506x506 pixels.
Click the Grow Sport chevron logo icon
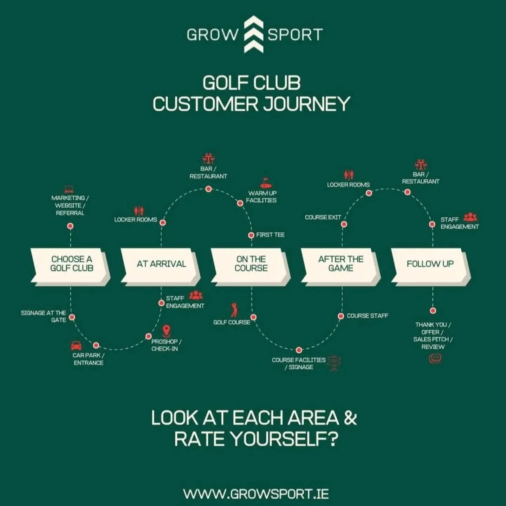click(253, 34)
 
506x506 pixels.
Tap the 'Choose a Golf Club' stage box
click(71, 264)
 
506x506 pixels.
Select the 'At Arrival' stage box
click(161, 264)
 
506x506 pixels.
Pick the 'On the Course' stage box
click(251, 264)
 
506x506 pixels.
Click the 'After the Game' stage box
click(341, 264)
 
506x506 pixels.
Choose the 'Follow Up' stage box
click(430, 264)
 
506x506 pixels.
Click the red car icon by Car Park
click(76, 345)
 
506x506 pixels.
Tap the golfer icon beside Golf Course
click(234, 310)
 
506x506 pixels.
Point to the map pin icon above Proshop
click(167, 331)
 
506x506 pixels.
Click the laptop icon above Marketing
click(69, 189)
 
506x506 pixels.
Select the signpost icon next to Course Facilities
click(334, 363)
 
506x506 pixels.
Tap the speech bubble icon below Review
click(435, 359)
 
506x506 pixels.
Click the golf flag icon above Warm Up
click(266, 183)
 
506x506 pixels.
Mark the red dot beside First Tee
click(251, 235)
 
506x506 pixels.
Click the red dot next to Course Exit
click(344, 224)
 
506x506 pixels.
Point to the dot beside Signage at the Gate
click(72, 317)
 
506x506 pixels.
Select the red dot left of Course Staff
click(340, 316)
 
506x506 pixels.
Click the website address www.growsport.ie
click(256, 494)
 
